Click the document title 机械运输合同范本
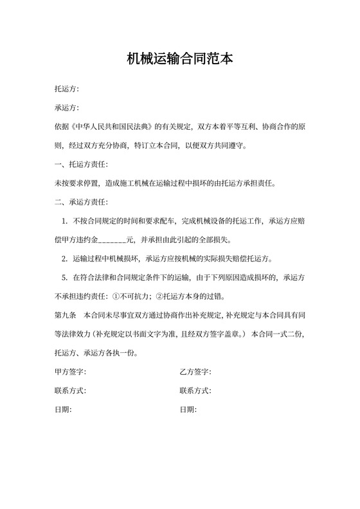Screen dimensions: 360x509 (179, 60)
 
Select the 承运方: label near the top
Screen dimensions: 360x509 (67, 108)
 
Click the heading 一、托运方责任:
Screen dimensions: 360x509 (82, 165)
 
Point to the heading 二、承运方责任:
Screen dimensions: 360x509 (82, 202)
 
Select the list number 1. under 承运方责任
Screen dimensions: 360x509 (65, 222)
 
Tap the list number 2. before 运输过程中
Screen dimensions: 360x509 (65, 260)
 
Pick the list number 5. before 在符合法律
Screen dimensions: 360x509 (65, 278)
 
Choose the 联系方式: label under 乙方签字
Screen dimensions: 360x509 (196, 391)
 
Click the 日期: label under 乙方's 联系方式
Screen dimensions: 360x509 (188, 409)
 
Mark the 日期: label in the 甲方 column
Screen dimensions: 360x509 (63, 409)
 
